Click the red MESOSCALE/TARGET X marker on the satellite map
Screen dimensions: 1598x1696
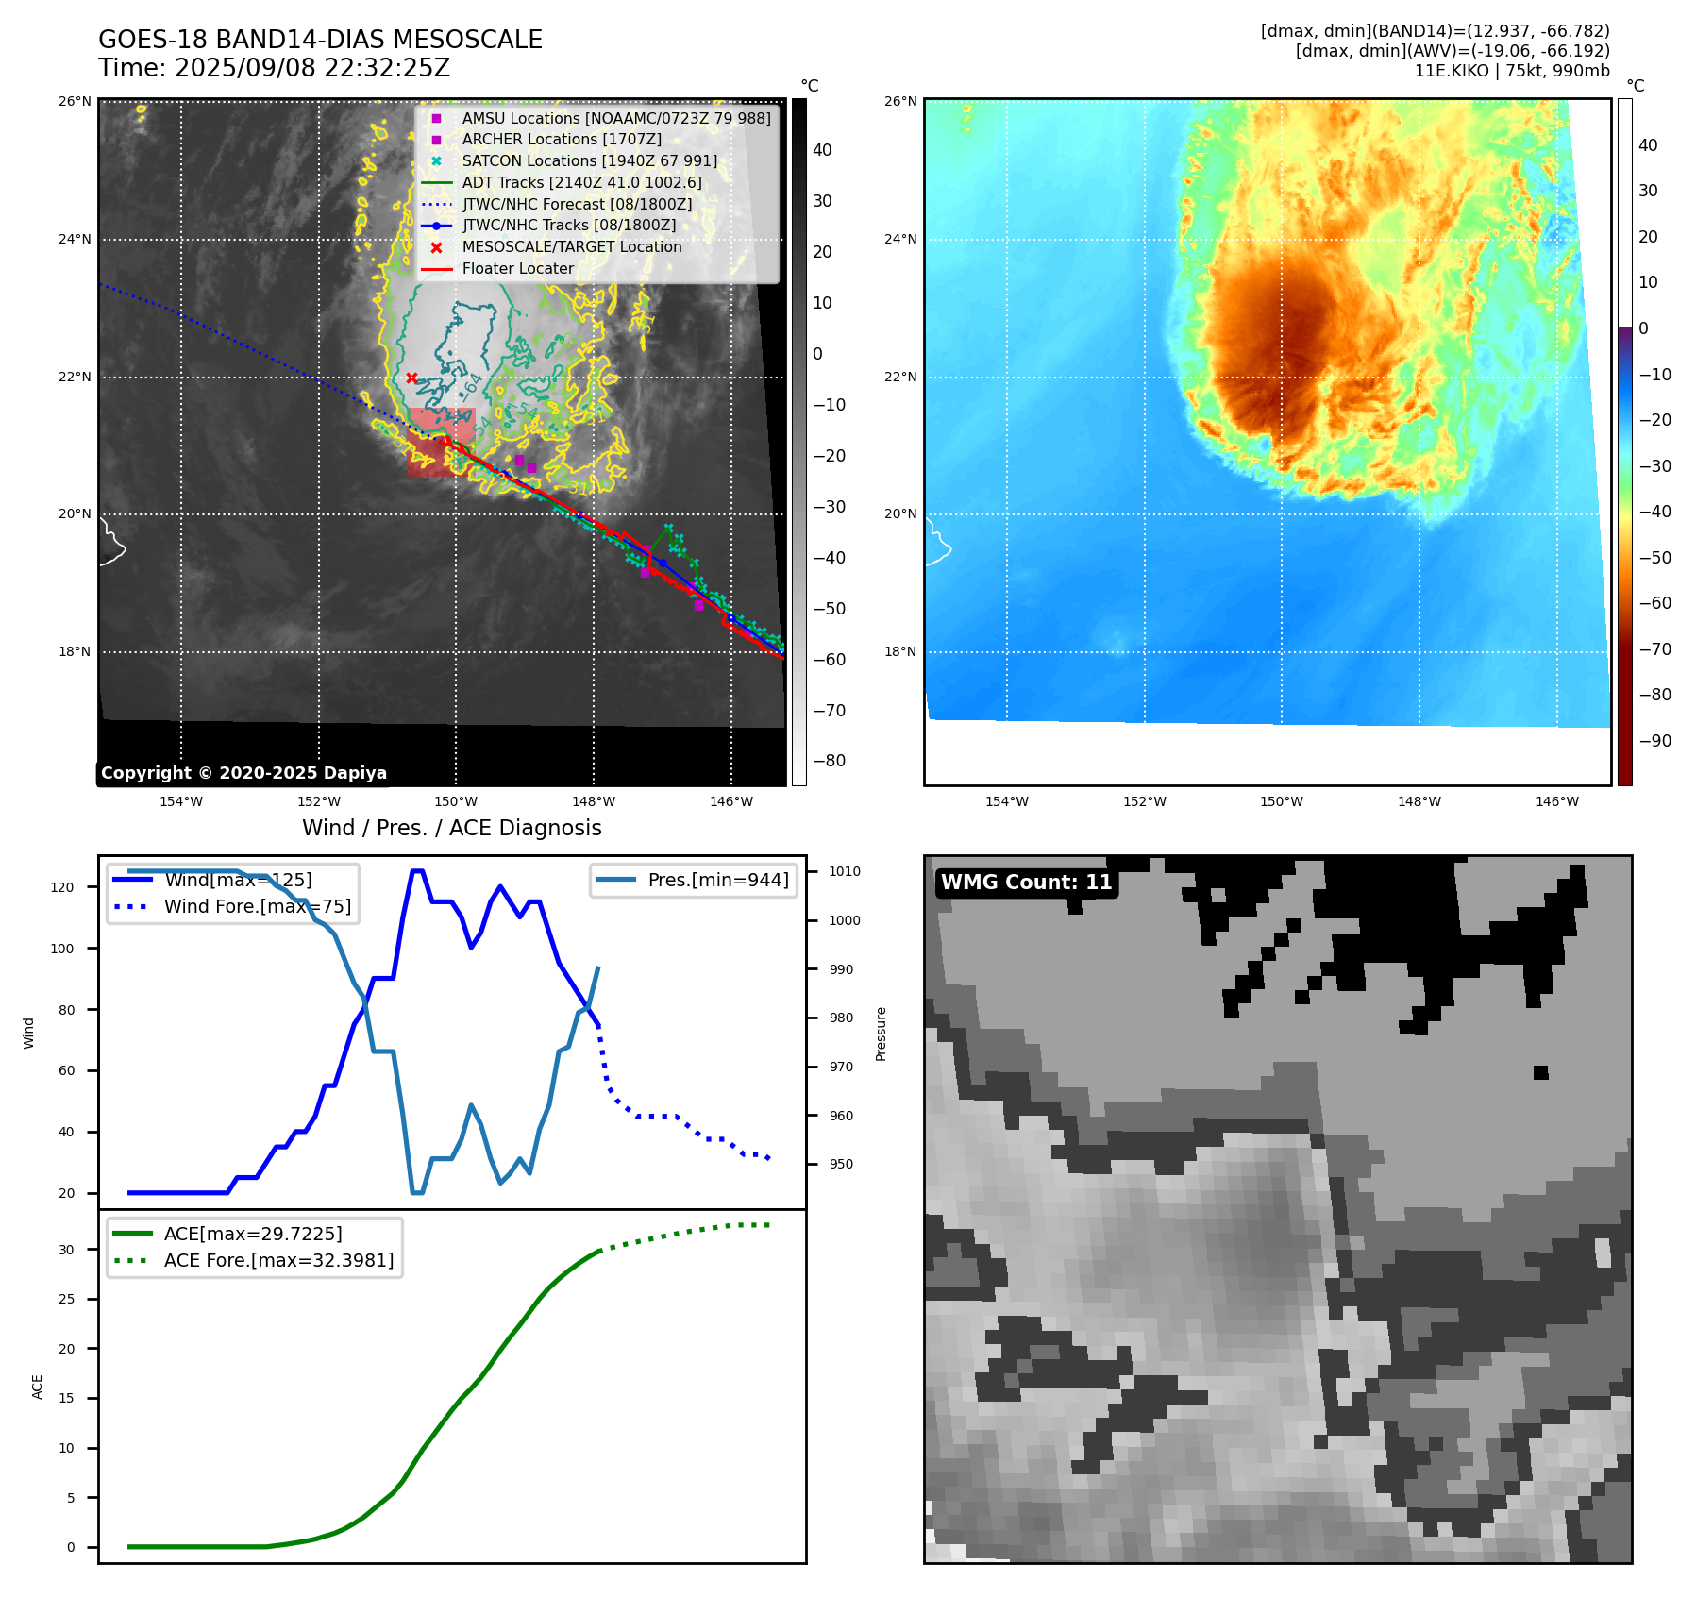pyautogui.click(x=411, y=378)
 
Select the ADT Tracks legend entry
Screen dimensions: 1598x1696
pyautogui.click(x=581, y=182)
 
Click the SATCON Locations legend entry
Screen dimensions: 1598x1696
pyautogui.click(x=589, y=160)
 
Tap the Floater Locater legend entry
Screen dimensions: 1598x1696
pyautogui.click(x=517, y=268)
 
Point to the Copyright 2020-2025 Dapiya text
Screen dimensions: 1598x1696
pyautogui.click(x=243, y=773)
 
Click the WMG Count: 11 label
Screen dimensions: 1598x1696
pyautogui.click(x=1026, y=883)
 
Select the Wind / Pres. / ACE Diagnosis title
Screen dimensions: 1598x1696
pyautogui.click(x=451, y=828)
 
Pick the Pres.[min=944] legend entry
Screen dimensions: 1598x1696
pyautogui.click(x=717, y=880)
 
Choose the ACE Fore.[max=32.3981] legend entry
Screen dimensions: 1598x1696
pyautogui.click(x=278, y=1260)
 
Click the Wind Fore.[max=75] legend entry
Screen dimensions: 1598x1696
pyautogui.click(x=257, y=906)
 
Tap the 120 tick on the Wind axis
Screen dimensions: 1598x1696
pyautogui.click(x=62, y=887)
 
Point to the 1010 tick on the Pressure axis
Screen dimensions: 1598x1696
pyautogui.click(x=845, y=871)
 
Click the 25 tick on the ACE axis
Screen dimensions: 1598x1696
pyautogui.click(x=66, y=1299)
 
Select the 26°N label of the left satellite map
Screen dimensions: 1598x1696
pyautogui.click(x=76, y=101)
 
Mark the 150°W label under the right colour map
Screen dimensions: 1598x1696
pyautogui.click(x=1281, y=801)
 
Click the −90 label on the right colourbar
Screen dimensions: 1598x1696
pyautogui.click(x=1654, y=741)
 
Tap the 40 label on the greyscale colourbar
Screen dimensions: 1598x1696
pyautogui.click(x=822, y=150)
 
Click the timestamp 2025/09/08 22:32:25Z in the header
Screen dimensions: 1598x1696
pyautogui.click(x=312, y=68)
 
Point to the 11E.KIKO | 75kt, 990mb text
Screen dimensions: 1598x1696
pyautogui.click(x=1511, y=71)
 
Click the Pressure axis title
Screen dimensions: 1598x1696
pyautogui.click(x=881, y=1034)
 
